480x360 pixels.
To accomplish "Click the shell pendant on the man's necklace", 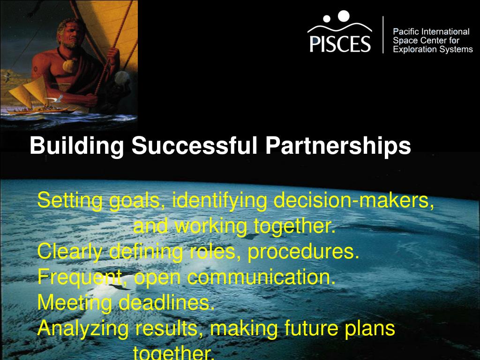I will [x=69, y=65].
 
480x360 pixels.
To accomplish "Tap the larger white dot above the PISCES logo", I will [x=344, y=15].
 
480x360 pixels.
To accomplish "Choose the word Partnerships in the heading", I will [x=338, y=146].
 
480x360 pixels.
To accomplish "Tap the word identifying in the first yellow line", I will [x=220, y=201].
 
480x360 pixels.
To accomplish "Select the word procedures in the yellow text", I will [x=303, y=252].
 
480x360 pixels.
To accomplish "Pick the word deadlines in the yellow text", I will [x=166, y=303].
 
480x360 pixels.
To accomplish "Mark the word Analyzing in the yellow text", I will [x=82, y=329].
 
